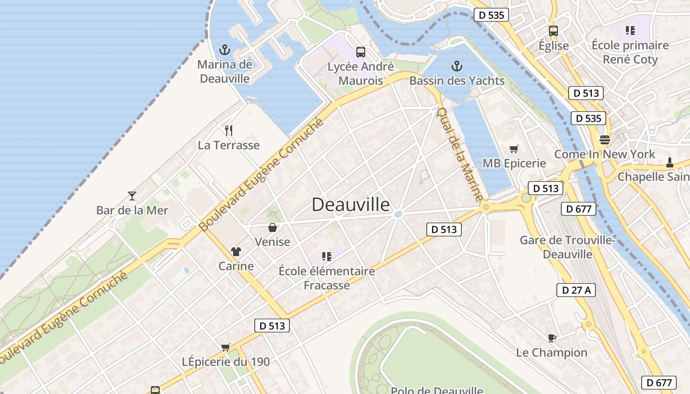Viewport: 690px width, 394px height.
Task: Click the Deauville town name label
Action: (350, 204)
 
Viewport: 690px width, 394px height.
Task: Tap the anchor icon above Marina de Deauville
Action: (225, 50)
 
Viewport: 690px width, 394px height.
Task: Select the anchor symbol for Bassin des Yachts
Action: (457, 66)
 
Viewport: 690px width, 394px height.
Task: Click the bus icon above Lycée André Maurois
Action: (361, 52)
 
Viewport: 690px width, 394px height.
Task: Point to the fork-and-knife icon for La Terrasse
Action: (228, 131)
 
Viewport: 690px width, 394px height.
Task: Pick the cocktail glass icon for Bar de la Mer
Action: (132, 196)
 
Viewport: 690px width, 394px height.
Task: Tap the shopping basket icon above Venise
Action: (272, 228)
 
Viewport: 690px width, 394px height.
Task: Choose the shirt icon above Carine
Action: (236, 252)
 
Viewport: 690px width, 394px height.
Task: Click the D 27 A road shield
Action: (576, 290)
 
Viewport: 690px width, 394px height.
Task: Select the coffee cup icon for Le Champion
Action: (552, 338)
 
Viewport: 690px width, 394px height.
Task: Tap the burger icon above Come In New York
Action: (605, 139)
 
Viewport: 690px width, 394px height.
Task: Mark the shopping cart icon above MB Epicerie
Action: (514, 149)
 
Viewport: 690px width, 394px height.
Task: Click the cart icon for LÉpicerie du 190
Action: (226, 347)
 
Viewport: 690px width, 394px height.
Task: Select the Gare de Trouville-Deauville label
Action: (567, 247)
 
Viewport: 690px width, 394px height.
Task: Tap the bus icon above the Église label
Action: (553, 31)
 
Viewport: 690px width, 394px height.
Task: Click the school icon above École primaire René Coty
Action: (630, 31)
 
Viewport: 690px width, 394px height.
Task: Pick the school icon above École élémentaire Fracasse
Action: (326, 256)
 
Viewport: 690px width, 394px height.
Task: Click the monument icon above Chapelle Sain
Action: (669, 162)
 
